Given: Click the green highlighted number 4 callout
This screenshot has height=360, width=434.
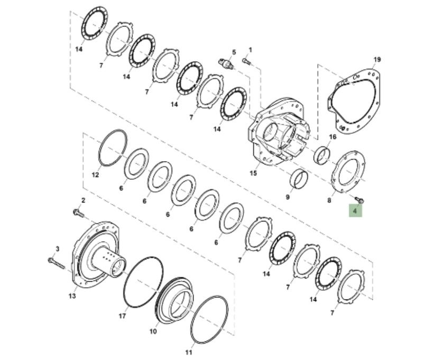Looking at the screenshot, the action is [355, 211].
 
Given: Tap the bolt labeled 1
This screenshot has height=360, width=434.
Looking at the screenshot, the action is [247, 61].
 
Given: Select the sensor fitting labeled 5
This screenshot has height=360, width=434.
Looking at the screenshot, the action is [226, 63].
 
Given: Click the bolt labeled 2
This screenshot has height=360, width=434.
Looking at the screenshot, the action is [78, 214].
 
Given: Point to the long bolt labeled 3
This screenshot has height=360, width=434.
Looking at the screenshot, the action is [56, 263].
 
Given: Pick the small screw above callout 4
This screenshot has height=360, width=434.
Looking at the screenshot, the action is [359, 199].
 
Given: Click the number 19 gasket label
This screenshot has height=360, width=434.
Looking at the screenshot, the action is [377, 60].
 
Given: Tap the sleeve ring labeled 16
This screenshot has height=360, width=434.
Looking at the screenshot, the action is [322, 154].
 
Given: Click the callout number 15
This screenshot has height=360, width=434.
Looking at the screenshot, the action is [253, 173].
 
